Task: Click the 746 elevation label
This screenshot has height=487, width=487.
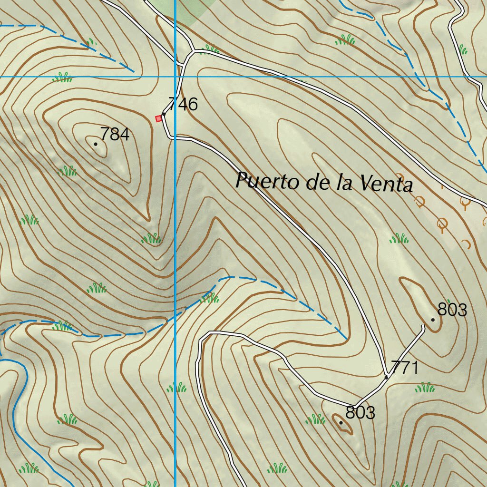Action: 183,104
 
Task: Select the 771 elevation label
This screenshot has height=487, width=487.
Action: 404,368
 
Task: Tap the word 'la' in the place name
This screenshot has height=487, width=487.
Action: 341,183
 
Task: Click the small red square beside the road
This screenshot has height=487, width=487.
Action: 159,118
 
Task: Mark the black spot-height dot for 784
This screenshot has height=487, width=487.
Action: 96,144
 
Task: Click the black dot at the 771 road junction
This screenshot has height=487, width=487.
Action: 386,377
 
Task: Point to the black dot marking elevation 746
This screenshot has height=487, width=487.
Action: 164,114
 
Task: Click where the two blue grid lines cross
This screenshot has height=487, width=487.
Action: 175,76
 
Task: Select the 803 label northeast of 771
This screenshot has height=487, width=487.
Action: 452,310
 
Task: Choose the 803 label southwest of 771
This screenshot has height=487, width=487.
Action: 360,412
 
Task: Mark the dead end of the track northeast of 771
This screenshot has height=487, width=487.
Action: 423,325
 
